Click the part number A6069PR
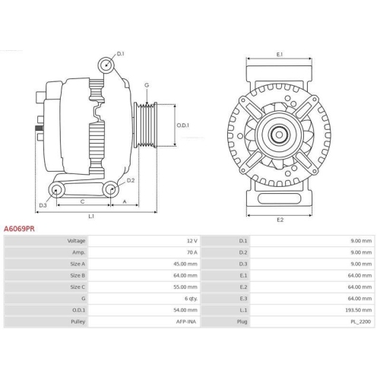click(19, 227)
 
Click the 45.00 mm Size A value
click(185, 263)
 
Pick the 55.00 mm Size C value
click(185, 287)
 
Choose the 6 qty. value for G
click(189, 298)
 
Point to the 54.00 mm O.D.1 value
click(185, 309)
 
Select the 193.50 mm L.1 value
click(358, 309)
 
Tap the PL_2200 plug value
click(360, 321)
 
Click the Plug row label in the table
click(243, 321)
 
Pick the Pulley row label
click(78, 321)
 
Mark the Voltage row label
click(76, 240)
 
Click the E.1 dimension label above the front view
click(279, 55)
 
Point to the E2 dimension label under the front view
click(279, 220)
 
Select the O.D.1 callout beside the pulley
click(182, 126)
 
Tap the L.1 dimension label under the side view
click(91, 217)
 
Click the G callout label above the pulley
click(146, 85)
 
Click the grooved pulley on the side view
click(145, 125)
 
